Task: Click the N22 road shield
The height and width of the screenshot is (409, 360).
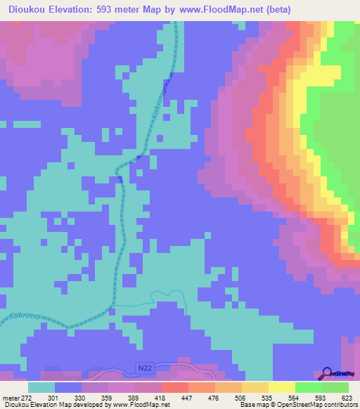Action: pos(143,368)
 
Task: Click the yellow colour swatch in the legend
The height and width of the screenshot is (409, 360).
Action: pos(281,387)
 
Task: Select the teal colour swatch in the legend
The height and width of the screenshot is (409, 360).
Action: pos(41,387)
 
